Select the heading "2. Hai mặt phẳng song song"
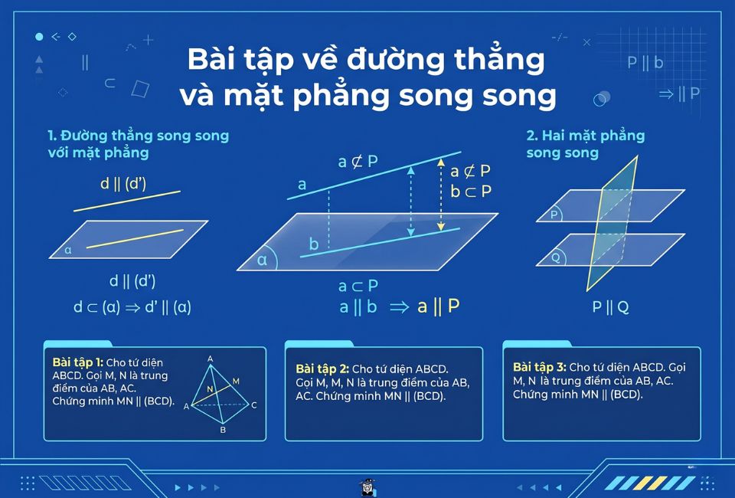(x=586, y=144)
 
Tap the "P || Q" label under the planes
(x=610, y=307)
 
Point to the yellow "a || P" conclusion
(x=438, y=306)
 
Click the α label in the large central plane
(x=263, y=260)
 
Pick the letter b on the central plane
(x=313, y=244)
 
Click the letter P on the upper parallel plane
(x=554, y=215)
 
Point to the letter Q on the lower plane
(x=555, y=258)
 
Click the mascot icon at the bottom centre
(x=367, y=487)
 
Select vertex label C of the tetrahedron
(x=253, y=405)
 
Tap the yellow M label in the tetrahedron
(x=235, y=381)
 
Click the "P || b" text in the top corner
(x=645, y=63)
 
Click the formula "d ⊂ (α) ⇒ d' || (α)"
(x=132, y=307)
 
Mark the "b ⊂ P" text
(x=471, y=191)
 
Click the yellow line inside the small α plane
(x=135, y=238)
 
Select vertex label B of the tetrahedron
(x=223, y=430)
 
